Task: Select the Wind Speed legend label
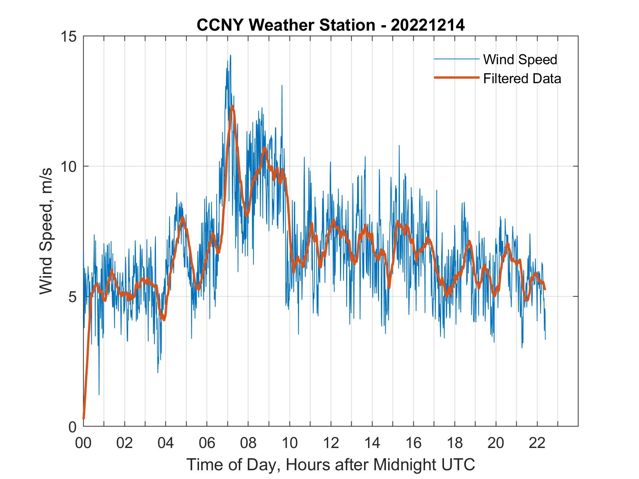pos(520,59)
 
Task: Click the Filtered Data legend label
pos(522,78)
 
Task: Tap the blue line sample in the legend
pos(456,59)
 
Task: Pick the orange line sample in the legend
pos(456,78)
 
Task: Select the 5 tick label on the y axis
pos(72,297)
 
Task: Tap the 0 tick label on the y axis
pos(72,426)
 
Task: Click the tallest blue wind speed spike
pos(230,55)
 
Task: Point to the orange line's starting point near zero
pos(84,418)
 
